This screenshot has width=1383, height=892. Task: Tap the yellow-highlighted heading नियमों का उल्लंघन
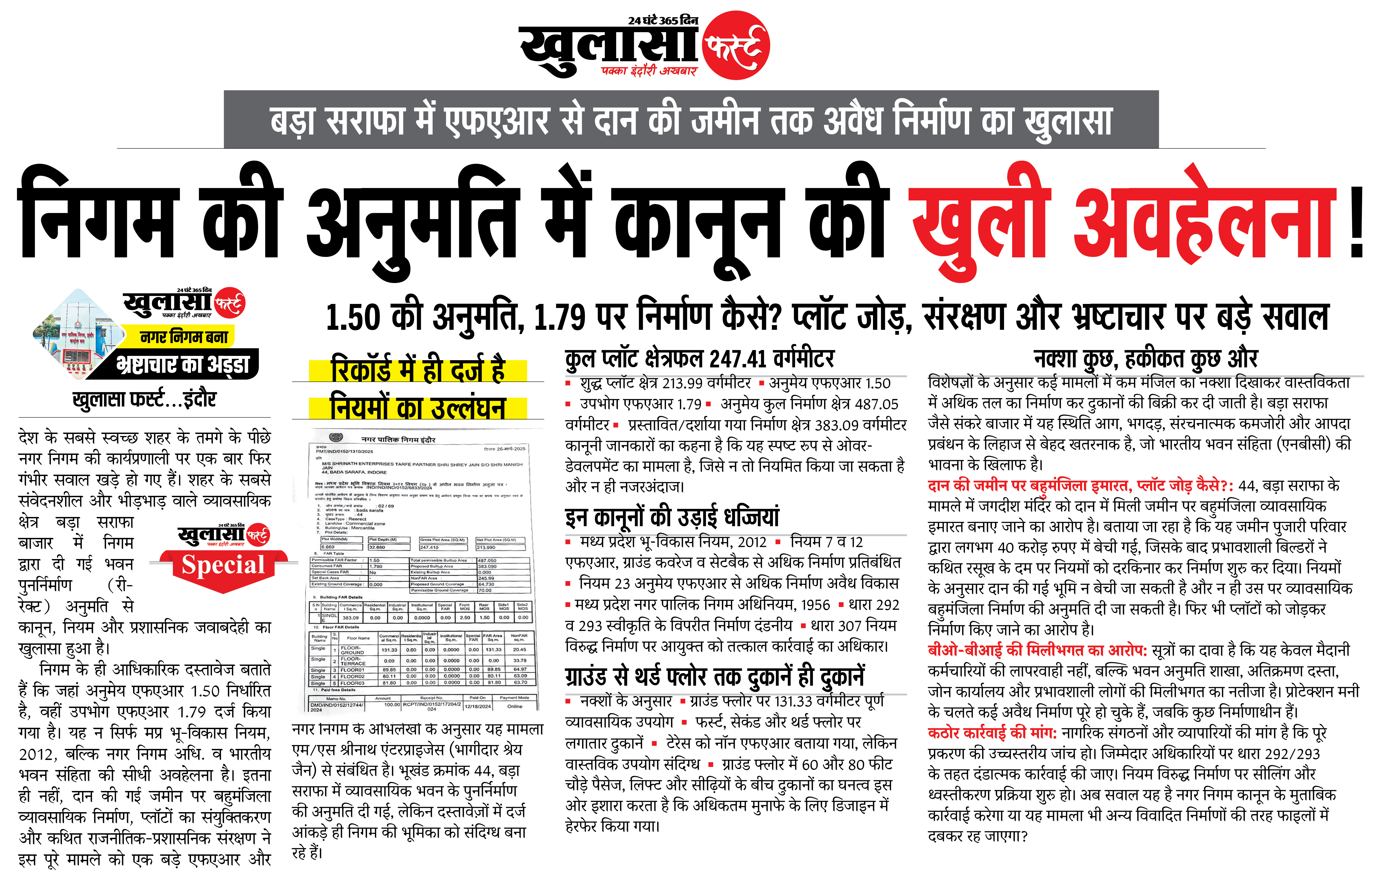(417, 407)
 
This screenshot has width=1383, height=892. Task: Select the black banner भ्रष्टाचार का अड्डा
(183, 364)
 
